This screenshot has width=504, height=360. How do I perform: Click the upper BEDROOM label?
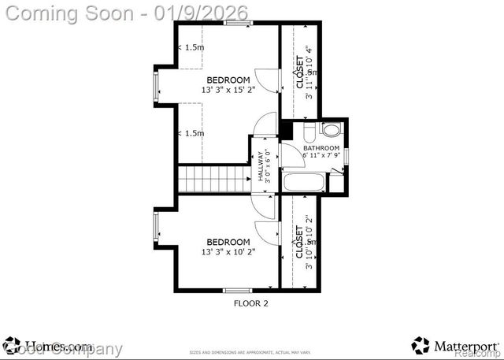[228, 80]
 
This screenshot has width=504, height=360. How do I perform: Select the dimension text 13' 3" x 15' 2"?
[228, 91]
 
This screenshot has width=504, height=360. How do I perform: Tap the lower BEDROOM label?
[228, 242]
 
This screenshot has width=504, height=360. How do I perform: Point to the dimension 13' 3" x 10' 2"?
[228, 252]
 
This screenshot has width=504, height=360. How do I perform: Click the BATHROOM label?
[321, 148]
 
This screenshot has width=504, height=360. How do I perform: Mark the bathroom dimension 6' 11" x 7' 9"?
[321, 155]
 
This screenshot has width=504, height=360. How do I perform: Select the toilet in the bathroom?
[331, 130]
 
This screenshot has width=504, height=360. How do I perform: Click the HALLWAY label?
[261, 166]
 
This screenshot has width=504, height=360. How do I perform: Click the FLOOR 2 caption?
[251, 302]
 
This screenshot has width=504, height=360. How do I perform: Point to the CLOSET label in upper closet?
[299, 71]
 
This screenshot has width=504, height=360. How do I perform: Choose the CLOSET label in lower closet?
[299, 243]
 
